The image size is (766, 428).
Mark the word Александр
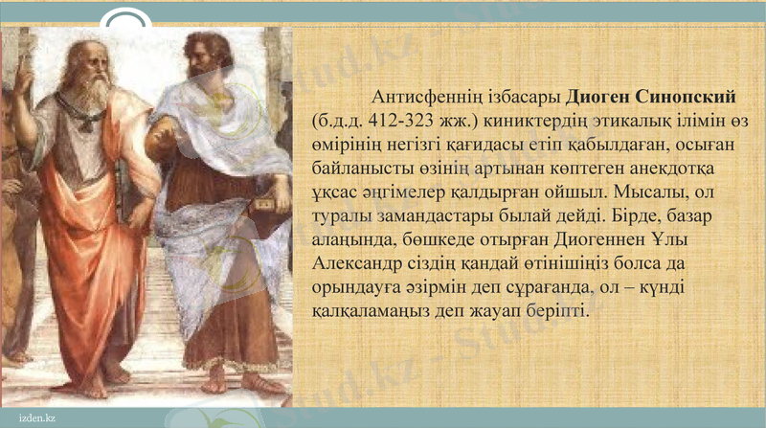tap(361, 263)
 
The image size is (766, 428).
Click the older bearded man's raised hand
tap(21, 77)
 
